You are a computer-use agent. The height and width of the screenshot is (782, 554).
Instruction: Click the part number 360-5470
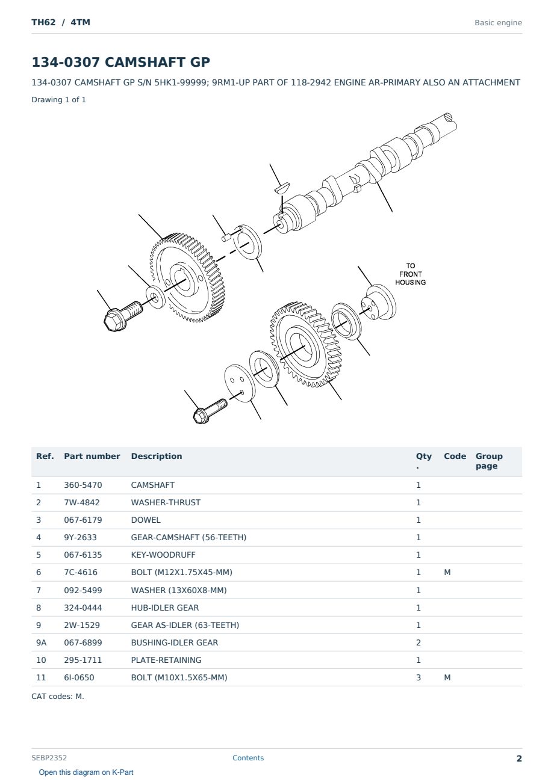coord(83,485)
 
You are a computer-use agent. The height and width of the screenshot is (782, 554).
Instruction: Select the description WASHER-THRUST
coord(166,502)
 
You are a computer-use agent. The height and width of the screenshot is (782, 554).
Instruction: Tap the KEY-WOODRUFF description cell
coord(163,555)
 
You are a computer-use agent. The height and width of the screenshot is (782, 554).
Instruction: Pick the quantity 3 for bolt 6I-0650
coord(419,677)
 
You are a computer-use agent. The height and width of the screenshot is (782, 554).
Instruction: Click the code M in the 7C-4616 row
coord(447,572)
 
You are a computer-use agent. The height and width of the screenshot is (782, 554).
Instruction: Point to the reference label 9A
coord(41,642)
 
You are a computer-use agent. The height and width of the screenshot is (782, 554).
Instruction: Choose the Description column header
coord(157,456)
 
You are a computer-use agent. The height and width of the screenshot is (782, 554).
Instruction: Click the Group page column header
coord(489,461)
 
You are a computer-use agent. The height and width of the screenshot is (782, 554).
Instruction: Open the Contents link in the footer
coord(248,758)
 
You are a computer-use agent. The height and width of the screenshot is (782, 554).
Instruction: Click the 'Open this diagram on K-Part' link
coord(86,772)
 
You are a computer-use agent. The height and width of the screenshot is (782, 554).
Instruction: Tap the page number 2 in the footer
coord(519,759)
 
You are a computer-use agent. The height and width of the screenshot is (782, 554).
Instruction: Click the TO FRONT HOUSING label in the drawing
coord(410,274)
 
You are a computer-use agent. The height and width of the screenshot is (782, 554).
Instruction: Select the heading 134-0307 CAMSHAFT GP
coord(120,62)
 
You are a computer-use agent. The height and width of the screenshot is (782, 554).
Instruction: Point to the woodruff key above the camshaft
coord(282,188)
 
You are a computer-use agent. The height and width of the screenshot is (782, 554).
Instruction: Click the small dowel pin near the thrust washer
coord(226,238)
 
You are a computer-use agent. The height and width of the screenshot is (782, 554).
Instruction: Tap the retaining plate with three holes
coord(239,383)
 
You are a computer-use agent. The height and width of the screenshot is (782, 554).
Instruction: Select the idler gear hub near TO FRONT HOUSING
coord(379,302)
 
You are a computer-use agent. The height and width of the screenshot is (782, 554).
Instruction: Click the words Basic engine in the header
coord(498,23)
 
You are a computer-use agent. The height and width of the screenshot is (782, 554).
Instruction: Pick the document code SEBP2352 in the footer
coord(49,758)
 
